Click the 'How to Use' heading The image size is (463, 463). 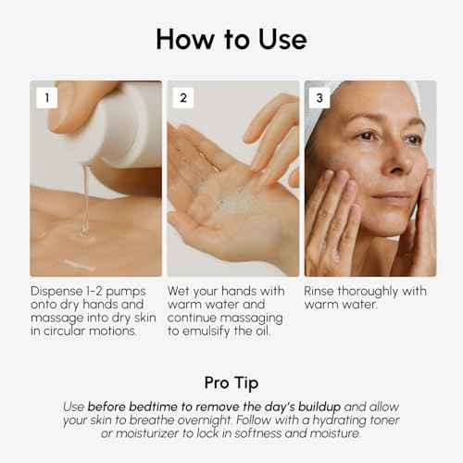231,39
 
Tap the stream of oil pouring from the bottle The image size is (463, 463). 85,199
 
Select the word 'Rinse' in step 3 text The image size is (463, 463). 324,291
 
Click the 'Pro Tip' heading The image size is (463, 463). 231,382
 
